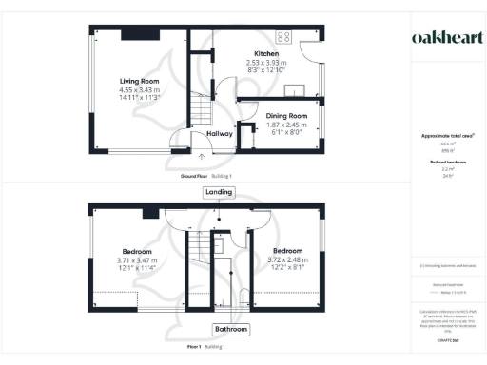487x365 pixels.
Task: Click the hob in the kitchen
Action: tap(282, 37)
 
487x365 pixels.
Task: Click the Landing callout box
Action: tap(219, 192)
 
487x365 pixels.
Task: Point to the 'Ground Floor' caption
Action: tap(196, 177)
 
